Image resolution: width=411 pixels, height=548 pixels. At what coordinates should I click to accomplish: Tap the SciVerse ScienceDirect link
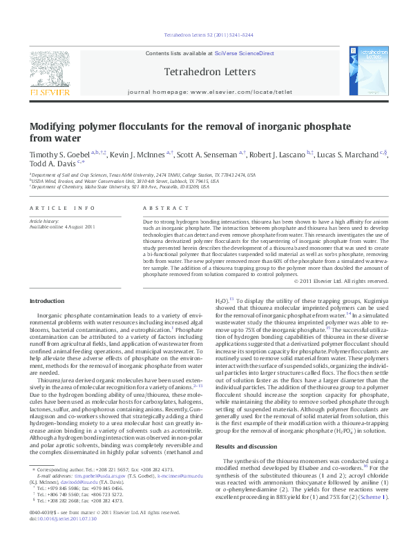click(x=245, y=53)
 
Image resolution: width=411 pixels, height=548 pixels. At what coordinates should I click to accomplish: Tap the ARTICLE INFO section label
click(x=53, y=208)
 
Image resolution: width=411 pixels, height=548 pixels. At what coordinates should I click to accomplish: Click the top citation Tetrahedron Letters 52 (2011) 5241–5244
click(x=205, y=34)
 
